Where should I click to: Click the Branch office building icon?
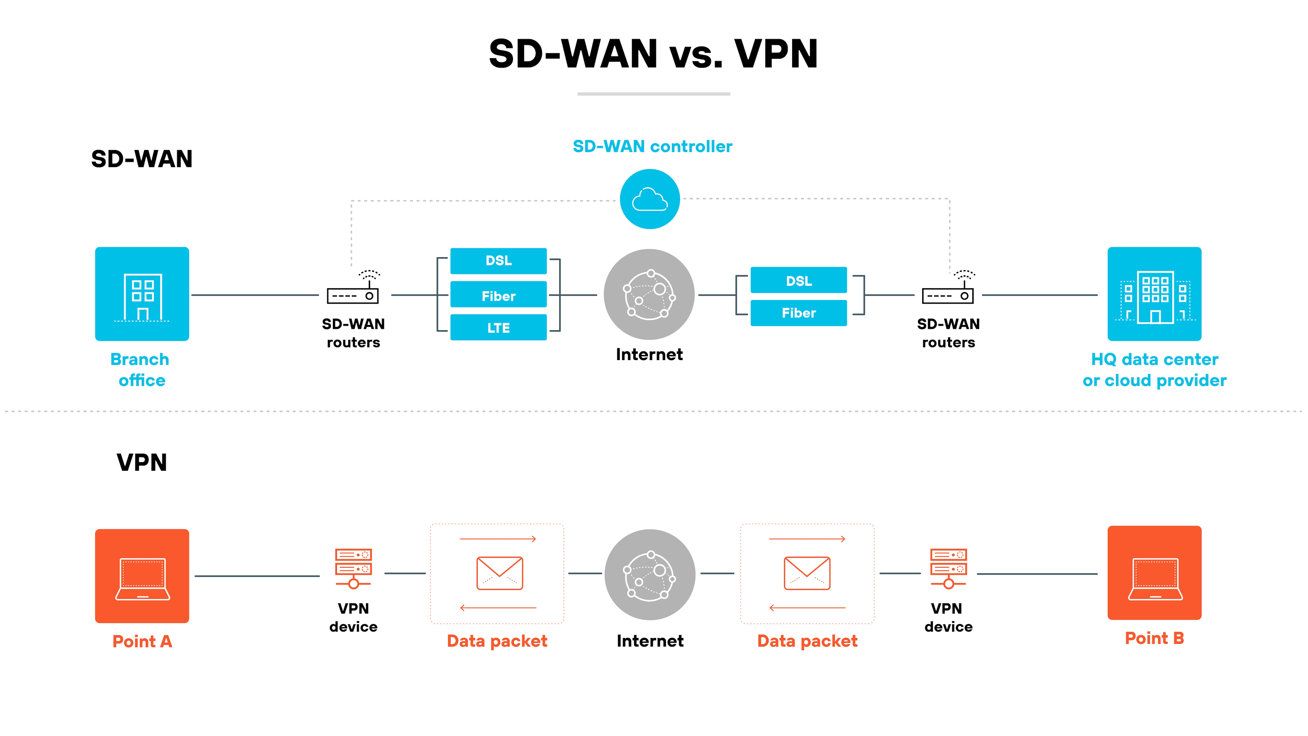pos(142,294)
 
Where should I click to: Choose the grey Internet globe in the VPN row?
pos(650,575)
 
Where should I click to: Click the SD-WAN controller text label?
pos(652,146)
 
